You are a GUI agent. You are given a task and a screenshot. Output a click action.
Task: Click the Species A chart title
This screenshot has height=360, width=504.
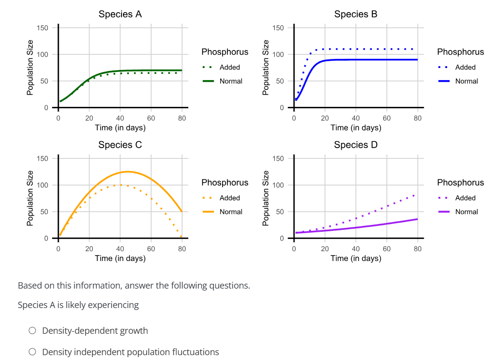pyautogui.click(x=120, y=14)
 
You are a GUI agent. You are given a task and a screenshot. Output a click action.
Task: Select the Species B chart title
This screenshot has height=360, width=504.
pyautogui.click(x=356, y=14)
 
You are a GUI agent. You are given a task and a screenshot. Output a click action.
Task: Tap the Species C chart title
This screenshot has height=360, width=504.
pyautogui.click(x=120, y=145)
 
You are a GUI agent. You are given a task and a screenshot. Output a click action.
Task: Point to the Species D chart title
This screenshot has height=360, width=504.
pyautogui.click(x=356, y=145)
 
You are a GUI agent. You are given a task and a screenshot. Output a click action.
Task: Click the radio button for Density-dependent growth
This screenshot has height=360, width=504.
pyautogui.click(x=33, y=331)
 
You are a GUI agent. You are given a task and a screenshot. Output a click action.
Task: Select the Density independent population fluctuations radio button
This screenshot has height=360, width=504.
pyautogui.click(x=33, y=352)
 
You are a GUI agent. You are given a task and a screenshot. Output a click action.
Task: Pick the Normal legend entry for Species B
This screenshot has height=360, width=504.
pyautogui.click(x=466, y=81)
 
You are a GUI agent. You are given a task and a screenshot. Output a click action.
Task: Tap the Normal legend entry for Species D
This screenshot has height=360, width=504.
pyautogui.click(x=466, y=212)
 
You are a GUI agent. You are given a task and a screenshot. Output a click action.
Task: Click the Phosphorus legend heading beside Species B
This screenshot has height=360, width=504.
pyautogui.click(x=460, y=52)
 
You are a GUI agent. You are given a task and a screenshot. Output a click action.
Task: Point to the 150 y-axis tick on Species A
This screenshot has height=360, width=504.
pyautogui.click(x=43, y=28)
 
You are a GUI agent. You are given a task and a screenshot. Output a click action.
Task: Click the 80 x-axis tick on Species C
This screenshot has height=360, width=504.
pyautogui.click(x=182, y=248)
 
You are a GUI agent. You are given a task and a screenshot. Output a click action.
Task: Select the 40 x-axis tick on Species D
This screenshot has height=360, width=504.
pyautogui.click(x=356, y=248)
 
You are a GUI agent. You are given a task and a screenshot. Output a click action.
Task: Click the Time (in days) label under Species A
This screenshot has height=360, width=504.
pyautogui.click(x=120, y=128)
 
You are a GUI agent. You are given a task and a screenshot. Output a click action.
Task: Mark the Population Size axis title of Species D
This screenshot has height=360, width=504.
pyautogui.click(x=265, y=198)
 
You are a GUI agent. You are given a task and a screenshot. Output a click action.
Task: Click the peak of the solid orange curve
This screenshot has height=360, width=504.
pyautogui.click(x=127, y=171)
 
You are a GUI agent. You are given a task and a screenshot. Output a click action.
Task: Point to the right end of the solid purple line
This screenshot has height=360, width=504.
pyautogui.click(x=417, y=219)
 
